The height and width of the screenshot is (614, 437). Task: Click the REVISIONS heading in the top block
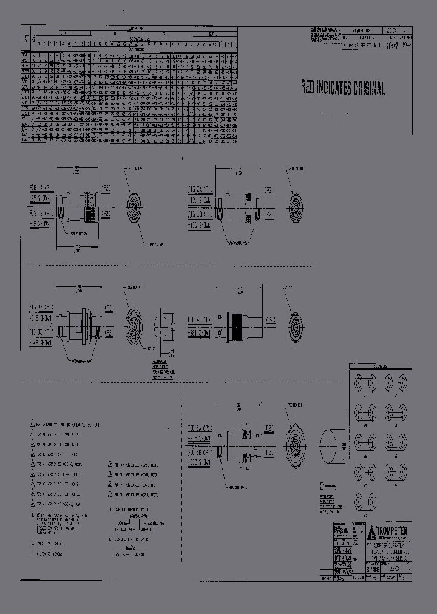pos(361,30)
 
